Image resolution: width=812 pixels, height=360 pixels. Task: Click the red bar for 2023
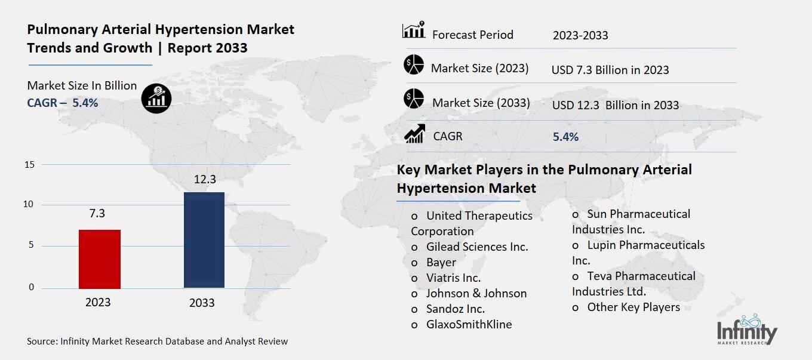[x=100, y=259]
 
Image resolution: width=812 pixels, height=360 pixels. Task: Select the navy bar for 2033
[x=204, y=239]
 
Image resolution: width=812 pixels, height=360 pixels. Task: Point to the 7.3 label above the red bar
[x=97, y=214]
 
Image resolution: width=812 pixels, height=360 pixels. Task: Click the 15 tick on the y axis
[x=29, y=165]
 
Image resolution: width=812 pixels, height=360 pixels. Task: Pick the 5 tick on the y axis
[x=31, y=246]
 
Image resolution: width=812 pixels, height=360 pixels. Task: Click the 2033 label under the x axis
[x=202, y=303]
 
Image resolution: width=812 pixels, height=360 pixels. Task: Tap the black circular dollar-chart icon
[x=156, y=98]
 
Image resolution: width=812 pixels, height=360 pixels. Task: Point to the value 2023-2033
[x=580, y=35]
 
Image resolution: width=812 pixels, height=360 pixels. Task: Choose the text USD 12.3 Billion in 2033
[x=616, y=105]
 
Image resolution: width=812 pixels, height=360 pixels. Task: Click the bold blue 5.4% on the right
[x=565, y=137]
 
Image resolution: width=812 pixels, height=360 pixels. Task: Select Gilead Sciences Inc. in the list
[x=476, y=247]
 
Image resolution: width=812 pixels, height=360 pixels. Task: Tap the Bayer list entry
[x=441, y=262]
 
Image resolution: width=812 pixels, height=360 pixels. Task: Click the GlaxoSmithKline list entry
[x=468, y=324]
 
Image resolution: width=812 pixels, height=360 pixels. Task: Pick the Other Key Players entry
[x=633, y=307]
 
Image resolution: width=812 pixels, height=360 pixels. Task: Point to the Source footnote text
[x=157, y=341]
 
